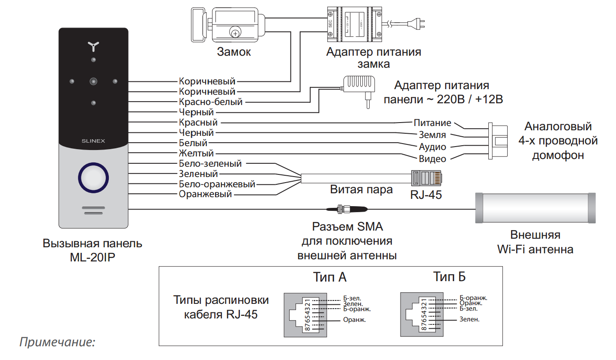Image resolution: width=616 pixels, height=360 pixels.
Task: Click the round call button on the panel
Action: (x=93, y=178)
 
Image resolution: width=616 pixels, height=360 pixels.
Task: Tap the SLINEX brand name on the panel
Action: (x=93, y=141)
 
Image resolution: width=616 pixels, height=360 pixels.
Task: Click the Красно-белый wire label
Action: (x=211, y=102)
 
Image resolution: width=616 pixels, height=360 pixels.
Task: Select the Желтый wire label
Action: (x=196, y=153)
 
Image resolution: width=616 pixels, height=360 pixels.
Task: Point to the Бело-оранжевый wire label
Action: (x=217, y=184)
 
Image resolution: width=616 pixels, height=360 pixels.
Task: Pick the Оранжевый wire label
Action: (x=206, y=194)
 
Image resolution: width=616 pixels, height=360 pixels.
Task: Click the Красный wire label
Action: (x=198, y=122)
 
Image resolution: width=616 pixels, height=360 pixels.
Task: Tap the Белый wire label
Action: (x=193, y=143)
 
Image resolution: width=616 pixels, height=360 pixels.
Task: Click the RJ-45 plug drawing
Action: (x=426, y=178)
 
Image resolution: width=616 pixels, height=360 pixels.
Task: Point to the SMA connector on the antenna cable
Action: (x=347, y=209)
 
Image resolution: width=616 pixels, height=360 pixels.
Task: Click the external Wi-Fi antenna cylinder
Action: (x=535, y=208)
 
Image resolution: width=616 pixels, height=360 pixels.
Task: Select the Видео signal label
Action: (x=432, y=159)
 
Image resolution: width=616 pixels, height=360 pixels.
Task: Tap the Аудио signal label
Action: (x=432, y=147)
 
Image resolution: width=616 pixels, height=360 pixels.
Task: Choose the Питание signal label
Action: (x=432, y=123)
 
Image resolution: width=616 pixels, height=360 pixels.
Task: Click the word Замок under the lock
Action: (x=234, y=52)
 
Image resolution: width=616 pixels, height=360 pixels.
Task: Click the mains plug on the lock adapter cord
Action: (x=417, y=24)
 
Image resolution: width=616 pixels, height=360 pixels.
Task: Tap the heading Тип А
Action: (x=330, y=277)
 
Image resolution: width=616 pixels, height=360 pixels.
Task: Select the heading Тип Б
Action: (x=449, y=276)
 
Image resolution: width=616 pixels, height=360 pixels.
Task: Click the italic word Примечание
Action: (x=57, y=342)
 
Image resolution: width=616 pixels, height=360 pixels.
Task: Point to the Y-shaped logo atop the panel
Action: (x=93, y=47)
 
